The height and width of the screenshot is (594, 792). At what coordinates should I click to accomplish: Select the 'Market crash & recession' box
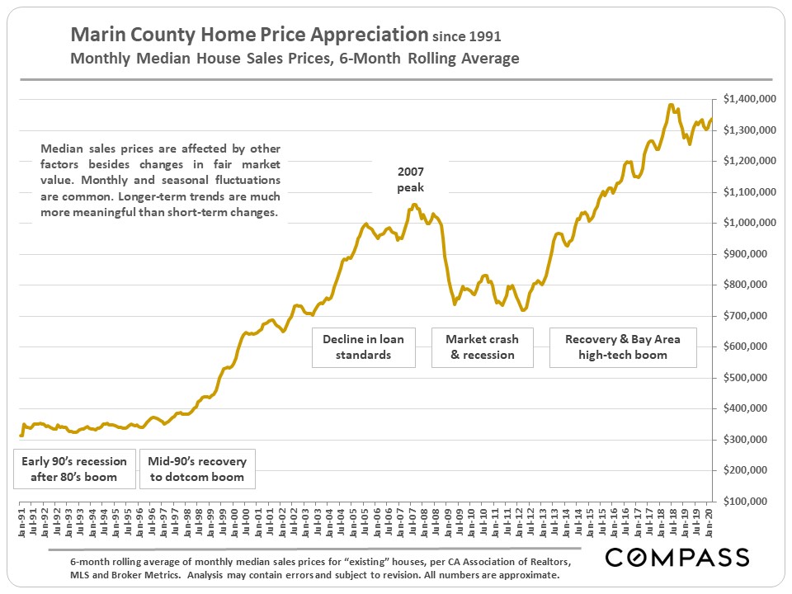click(x=483, y=346)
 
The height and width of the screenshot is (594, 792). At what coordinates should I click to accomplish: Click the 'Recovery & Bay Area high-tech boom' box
click(x=616, y=346)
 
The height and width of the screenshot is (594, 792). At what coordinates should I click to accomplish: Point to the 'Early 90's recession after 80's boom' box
click(x=74, y=469)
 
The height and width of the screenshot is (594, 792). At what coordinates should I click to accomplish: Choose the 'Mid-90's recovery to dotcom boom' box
click(x=197, y=469)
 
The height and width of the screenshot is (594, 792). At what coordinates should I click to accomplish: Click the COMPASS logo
click(x=677, y=557)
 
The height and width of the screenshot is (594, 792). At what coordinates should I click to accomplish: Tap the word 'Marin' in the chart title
click(x=94, y=35)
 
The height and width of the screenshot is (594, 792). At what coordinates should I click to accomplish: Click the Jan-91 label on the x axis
click(x=21, y=522)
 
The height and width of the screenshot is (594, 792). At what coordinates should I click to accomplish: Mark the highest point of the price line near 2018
click(x=671, y=105)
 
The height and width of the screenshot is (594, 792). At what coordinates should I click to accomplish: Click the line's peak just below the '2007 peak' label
click(x=415, y=205)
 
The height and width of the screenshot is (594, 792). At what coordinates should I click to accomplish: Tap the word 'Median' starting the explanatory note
click(x=60, y=149)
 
